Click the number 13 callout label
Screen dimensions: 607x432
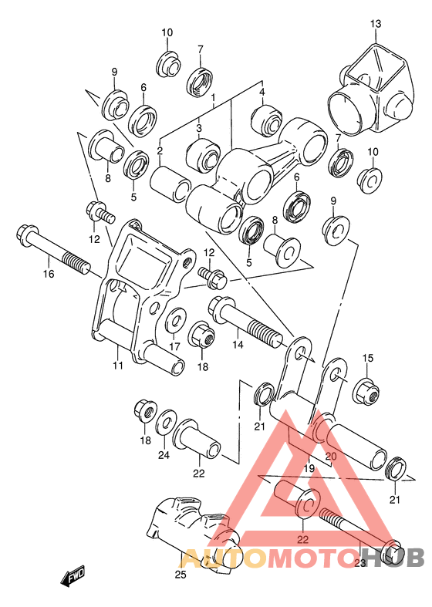pyautogui.click(x=375, y=25)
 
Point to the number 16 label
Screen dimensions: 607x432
pyautogui.click(x=48, y=274)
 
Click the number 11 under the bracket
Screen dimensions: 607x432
pyautogui.click(x=117, y=366)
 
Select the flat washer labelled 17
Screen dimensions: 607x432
pyautogui.click(x=174, y=318)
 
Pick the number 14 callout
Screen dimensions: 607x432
pyautogui.click(x=237, y=345)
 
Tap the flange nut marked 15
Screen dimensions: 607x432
pyautogui.click(x=366, y=392)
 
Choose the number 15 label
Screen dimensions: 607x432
pyautogui.click(x=367, y=358)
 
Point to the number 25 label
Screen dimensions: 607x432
pyautogui.click(x=181, y=574)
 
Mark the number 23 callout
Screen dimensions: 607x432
pyautogui.click(x=359, y=564)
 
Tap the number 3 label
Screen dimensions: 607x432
pyautogui.click(x=198, y=128)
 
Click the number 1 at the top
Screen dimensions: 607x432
pyautogui.click(x=214, y=98)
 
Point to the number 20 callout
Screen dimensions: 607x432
pyautogui.click(x=331, y=456)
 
